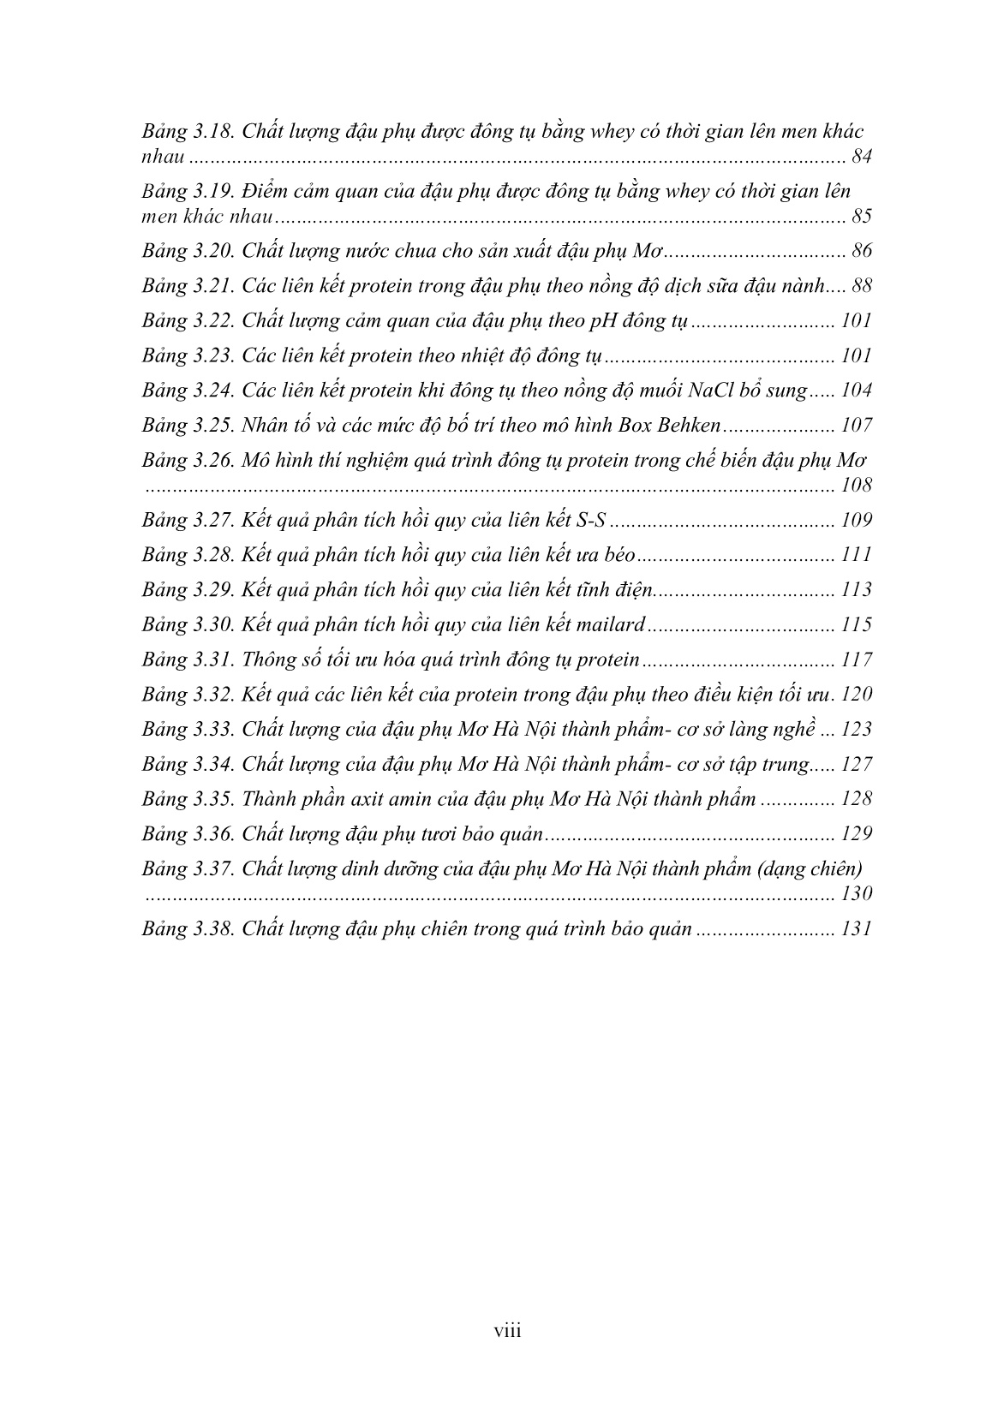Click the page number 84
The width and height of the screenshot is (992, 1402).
[x=862, y=157]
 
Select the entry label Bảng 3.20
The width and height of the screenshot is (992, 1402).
[x=188, y=252]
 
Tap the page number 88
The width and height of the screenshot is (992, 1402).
[x=862, y=287]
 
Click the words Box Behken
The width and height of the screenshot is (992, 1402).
[x=679, y=426]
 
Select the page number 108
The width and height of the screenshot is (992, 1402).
[x=856, y=486]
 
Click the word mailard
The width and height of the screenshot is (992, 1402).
[x=608, y=625]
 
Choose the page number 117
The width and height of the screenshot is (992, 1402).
[x=856, y=660]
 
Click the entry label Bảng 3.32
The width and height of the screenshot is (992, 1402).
[x=188, y=695]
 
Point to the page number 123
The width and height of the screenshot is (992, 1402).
[x=856, y=730]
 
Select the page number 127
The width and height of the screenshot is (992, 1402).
[x=856, y=765]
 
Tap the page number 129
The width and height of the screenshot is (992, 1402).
[x=856, y=834]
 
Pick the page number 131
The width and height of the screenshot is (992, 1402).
[x=856, y=929]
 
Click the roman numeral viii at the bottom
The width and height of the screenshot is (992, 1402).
[x=507, y=1330]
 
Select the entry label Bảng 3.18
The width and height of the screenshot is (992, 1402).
[x=188, y=132]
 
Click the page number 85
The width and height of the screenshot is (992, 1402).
[x=862, y=216]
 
